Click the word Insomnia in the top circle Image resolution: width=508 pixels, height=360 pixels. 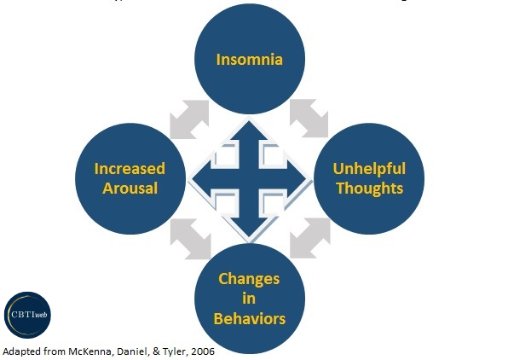click(249, 60)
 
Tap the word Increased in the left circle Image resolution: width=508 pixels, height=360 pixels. click(130, 168)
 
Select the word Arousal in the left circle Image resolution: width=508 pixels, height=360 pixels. click(130, 188)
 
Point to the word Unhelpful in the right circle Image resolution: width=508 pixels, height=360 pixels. click(368, 168)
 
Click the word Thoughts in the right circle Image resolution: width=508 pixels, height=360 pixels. click(368, 188)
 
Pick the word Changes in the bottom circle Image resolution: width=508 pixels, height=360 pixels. click(249, 280)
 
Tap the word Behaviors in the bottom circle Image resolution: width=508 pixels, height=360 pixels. click(249, 319)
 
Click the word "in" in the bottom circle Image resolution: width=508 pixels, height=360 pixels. click(249, 299)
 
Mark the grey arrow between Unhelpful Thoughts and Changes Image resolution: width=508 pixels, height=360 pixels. click(309, 240)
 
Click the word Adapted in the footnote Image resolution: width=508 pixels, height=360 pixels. click(21, 351)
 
